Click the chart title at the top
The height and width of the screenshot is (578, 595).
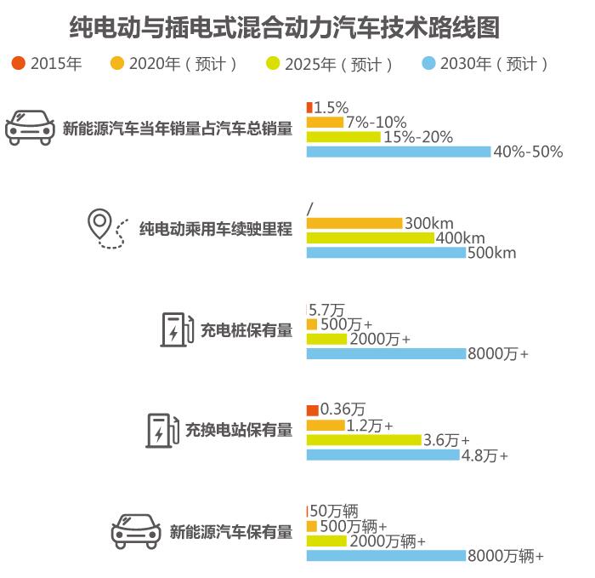[x=284, y=27]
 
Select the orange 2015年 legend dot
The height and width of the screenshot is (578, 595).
[x=18, y=64]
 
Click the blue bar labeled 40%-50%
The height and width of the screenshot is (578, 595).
[x=398, y=152]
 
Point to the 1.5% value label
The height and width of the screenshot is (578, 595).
[x=331, y=107]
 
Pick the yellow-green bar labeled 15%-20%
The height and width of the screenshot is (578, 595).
[x=343, y=137]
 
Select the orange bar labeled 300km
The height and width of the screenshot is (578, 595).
[x=354, y=223]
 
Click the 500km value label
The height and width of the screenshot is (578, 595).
[x=491, y=253]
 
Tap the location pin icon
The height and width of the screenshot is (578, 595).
[x=100, y=224]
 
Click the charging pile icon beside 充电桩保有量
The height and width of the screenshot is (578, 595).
[x=177, y=329]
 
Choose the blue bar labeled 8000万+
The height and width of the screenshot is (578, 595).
[x=386, y=353]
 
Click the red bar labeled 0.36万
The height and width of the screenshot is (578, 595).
[x=312, y=410]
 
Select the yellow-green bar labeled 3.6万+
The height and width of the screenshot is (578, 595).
[x=364, y=440]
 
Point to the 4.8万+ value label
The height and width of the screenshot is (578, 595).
[x=484, y=455]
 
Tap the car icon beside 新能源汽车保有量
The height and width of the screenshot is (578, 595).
[x=136, y=531]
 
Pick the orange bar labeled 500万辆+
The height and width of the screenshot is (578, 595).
[x=311, y=526]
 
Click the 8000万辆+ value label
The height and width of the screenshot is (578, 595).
[x=505, y=556]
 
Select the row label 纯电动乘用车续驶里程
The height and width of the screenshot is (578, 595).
[x=215, y=229]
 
